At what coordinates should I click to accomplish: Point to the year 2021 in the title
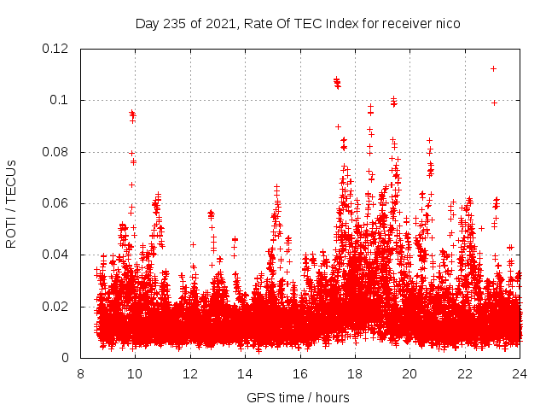(x=213, y=24)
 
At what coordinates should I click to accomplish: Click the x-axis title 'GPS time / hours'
(x=298, y=397)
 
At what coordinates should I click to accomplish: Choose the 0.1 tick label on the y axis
(x=61, y=100)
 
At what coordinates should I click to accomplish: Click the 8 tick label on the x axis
(x=80, y=373)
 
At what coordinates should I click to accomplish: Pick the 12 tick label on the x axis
(x=190, y=373)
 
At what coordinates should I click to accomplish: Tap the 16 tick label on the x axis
(x=300, y=373)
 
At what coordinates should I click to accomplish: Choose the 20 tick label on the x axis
(x=409, y=373)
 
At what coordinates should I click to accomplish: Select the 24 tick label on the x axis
(x=520, y=373)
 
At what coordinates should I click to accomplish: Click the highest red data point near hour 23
(x=493, y=68)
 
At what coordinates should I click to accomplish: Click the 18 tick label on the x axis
(x=355, y=373)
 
